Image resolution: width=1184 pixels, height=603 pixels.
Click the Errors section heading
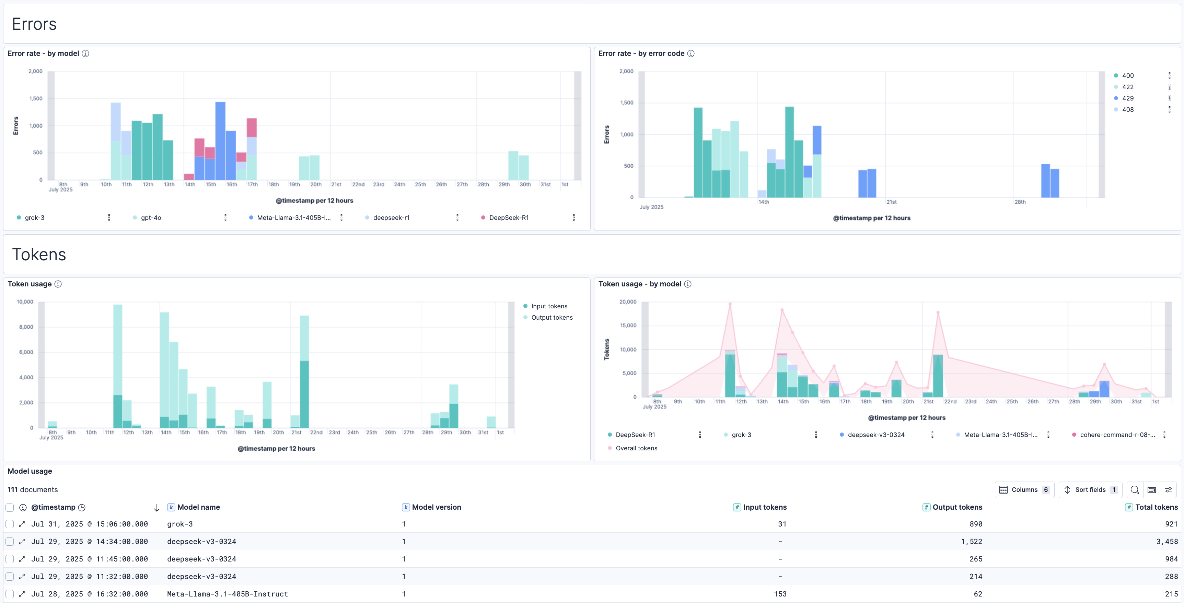[34, 24]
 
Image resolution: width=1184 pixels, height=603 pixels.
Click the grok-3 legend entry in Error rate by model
[34, 218]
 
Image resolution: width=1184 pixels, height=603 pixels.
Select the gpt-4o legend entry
[151, 218]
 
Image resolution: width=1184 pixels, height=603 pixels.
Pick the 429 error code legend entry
[1127, 98]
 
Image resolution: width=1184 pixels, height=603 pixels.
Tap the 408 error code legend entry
[1127, 110]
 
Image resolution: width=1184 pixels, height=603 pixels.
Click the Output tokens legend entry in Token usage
[552, 317]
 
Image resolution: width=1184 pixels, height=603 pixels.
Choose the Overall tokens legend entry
[636, 448]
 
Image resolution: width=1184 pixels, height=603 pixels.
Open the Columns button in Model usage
[1024, 489]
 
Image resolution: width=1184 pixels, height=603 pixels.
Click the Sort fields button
[1090, 489]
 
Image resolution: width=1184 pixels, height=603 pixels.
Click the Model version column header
[436, 507]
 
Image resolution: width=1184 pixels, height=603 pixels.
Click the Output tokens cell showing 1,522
[971, 542]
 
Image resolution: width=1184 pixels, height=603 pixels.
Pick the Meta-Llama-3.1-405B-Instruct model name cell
[228, 594]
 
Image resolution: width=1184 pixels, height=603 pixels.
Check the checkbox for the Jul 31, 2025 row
[10, 524]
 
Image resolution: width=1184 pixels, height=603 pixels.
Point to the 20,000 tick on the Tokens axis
[628, 302]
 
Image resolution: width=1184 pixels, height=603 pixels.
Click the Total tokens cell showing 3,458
[1167, 542]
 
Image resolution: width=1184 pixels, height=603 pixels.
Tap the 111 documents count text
[33, 489]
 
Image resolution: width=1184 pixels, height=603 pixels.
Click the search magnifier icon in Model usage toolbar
[1134, 489]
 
